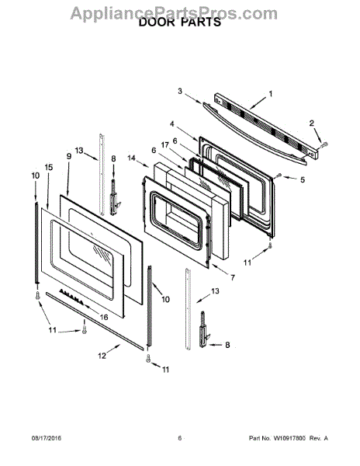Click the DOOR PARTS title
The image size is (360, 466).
[x=180, y=23]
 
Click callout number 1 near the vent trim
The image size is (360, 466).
[x=270, y=94]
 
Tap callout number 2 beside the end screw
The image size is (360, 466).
[x=311, y=123]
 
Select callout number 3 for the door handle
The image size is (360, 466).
[x=180, y=91]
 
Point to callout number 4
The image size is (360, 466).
[x=171, y=123]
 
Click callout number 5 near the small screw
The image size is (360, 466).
[x=302, y=180]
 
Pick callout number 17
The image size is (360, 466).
[x=164, y=144]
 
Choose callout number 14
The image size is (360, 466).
[x=131, y=158]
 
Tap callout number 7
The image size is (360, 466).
[x=233, y=277]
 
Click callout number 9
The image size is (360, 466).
[x=69, y=156]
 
